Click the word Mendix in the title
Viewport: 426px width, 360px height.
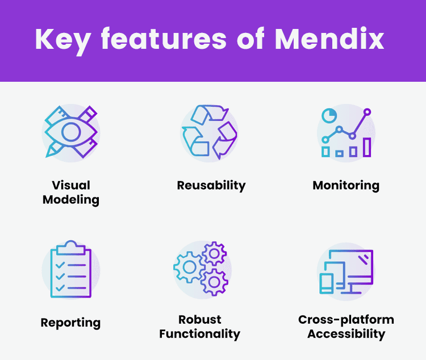329,39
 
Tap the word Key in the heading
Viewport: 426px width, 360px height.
63,41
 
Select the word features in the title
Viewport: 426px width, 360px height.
164,39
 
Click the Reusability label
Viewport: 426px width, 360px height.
211,186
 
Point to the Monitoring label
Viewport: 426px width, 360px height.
346,186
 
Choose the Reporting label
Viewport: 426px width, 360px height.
70,323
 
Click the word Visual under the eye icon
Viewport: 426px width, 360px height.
71,185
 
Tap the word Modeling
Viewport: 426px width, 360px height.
71,200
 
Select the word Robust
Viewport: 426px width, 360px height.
200,320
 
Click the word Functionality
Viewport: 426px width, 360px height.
200,334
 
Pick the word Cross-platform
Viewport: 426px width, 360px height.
346,320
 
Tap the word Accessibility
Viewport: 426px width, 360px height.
346,334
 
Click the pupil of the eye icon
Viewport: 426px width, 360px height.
71,132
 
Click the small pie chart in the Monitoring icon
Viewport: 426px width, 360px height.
329,115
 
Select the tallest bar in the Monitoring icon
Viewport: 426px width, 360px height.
367,147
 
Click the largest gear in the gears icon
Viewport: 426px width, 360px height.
189,267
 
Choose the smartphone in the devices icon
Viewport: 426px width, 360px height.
326,283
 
